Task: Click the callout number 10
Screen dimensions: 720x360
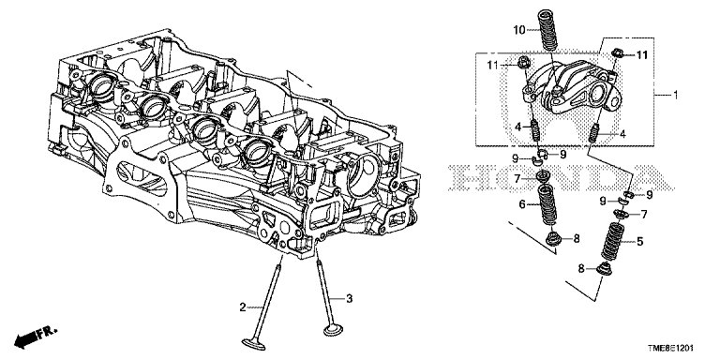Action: point(518,30)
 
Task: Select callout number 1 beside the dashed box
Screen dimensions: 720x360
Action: point(675,95)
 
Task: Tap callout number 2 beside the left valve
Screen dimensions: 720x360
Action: point(243,307)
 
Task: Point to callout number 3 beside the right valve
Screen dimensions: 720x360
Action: point(349,299)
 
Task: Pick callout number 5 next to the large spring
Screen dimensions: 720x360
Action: point(639,241)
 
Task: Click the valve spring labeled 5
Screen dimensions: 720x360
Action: point(612,240)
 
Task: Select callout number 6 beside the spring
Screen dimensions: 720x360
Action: point(522,204)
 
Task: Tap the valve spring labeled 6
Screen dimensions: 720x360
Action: point(547,204)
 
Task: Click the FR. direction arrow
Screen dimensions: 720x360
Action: point(36,337)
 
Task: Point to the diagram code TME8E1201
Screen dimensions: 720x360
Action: point(670,349)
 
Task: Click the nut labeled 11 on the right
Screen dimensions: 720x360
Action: point(618,53)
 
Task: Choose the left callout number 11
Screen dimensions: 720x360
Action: point(493,66)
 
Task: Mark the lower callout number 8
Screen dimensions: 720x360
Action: point(581,270)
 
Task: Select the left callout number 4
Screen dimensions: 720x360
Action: point(517,126)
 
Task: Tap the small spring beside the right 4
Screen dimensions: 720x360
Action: point(593,134)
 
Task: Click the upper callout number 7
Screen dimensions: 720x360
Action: point(517,178)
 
